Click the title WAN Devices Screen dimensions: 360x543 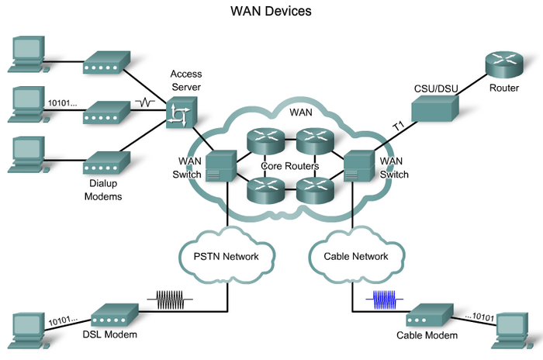pyautogui.click(x=271, y=13)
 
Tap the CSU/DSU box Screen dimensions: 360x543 pyautogui.click(x=435, y=109)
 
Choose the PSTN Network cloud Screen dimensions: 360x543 pyautogui.click(x=227, y=254)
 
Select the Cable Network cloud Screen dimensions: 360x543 pyautogui.click(x=354, y=254)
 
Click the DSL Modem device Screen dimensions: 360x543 pyautogui.click(x=114, y=315)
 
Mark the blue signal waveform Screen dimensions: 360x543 pyautogui.click(x=386, y=299)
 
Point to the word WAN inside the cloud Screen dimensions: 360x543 pyautogui.click(x=301, y=113)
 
